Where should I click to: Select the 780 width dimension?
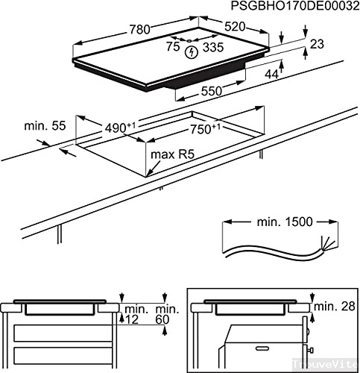coord(137,30)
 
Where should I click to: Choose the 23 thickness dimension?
coord(318,45)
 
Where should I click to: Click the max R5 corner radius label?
coord(175,154)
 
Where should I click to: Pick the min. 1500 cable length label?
coord(280,222)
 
